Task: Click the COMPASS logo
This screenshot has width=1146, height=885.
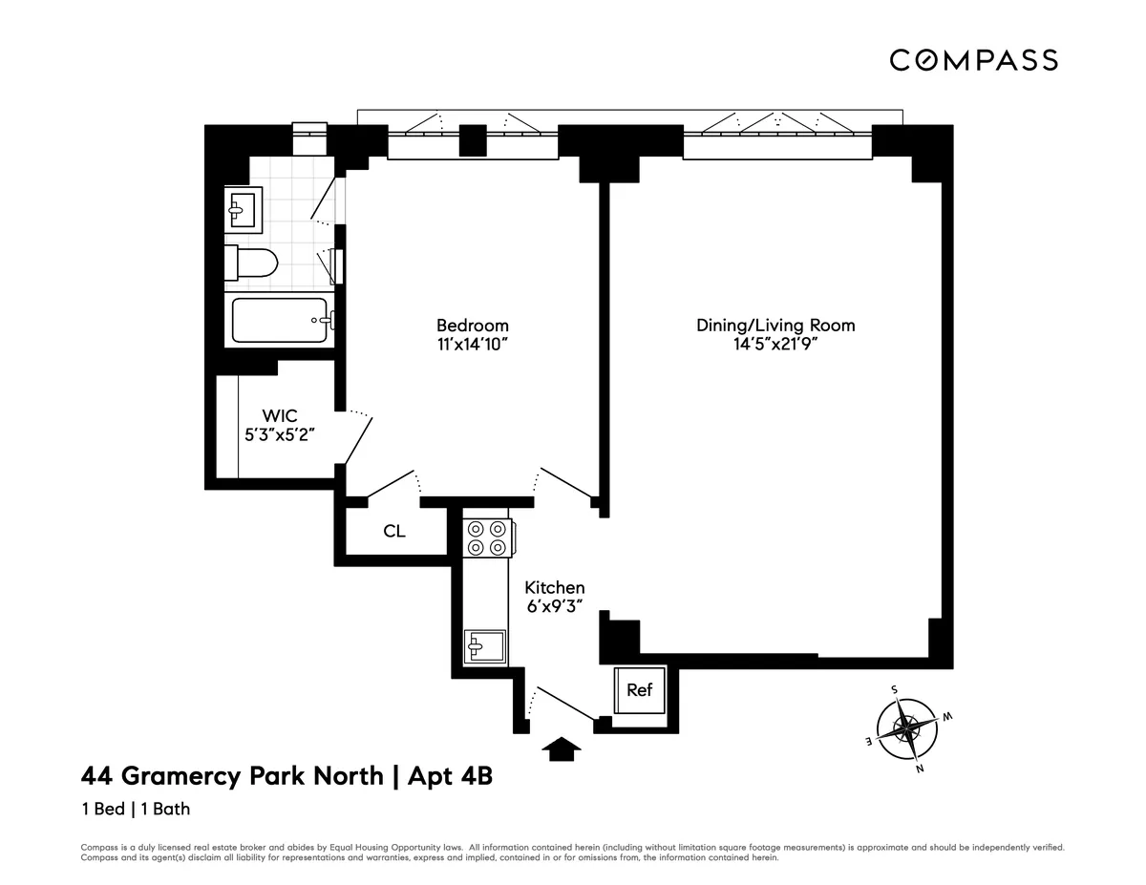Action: pos(973,60)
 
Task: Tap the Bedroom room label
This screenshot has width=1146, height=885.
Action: pos(472,326)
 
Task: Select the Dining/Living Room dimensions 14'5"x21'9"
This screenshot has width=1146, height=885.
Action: pos(775,345)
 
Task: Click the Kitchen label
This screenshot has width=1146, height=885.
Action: pos(554,588)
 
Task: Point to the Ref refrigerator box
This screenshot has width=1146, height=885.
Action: pos(640,689)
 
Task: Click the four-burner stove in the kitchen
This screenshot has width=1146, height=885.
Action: pos(488,537)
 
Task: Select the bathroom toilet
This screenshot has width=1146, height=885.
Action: pos(252,262)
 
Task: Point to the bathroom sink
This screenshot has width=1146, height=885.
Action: pos(243,209)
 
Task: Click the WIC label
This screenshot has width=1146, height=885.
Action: pos(280,416)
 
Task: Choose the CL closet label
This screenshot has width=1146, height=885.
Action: pos(394,531)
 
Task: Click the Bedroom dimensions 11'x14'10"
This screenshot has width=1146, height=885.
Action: pos(472,345)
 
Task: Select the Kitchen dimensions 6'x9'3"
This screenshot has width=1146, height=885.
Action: pos(554,607)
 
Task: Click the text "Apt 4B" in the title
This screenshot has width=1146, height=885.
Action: pos(450,776)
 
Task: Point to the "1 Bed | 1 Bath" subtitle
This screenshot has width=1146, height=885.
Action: pos(136,809)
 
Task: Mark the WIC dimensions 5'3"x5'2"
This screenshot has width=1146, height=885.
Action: pos(280,434)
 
